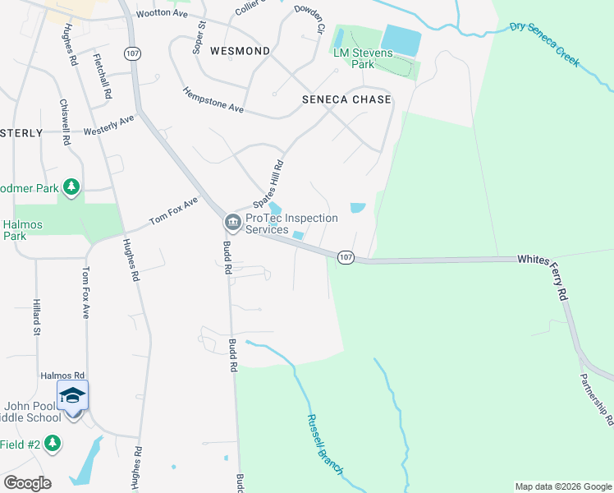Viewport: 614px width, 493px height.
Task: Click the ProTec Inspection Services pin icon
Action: coord(231,223)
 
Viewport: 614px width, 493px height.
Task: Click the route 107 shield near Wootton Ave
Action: coord(131,53)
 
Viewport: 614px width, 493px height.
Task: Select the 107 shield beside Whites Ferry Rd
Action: coord(346,257)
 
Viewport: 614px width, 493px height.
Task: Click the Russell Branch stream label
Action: coord(325,444)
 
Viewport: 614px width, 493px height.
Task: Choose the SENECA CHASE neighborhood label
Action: coord(346,99)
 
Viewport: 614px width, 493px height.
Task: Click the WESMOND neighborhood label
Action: coord(240,51)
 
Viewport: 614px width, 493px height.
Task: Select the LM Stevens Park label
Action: coord(364,58)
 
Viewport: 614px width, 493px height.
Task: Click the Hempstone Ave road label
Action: coord(213,100)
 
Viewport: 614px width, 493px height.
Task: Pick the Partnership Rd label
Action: coord(596,399)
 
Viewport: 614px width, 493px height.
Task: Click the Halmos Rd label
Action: coord(62,375)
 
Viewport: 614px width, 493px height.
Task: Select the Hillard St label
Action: coord(37,317)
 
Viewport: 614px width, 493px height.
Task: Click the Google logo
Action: coord(27,483)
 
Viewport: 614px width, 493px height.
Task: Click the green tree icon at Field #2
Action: coord(53,444)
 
